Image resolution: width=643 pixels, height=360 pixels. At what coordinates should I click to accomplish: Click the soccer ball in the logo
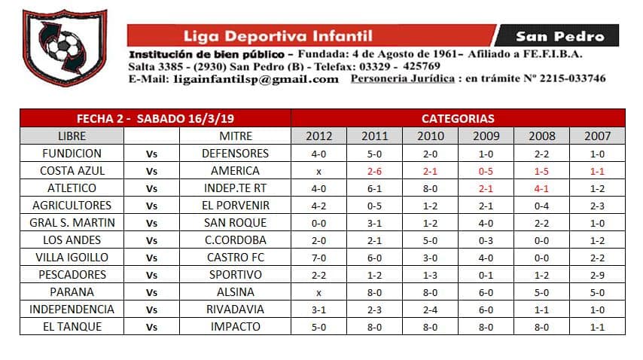click(x=59, y=47)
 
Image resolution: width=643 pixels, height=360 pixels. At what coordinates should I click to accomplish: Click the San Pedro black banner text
click(x=559, y=35)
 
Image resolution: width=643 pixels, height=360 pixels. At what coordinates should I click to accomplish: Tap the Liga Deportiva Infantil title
click(x=278, y=35)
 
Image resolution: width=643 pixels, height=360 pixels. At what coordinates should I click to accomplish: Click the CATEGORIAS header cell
click(x=458, y=118)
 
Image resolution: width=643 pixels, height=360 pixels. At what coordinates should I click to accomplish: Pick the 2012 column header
click(x=318, y=136)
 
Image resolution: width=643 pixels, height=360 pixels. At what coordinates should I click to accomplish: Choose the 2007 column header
click(x=597, y=136)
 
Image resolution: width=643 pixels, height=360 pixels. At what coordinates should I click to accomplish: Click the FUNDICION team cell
click(x=72, y=153)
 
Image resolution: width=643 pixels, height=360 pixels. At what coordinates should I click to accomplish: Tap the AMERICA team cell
click(x=235, y=170)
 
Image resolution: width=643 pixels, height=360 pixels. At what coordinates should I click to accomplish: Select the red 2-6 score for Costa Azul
click(x=374, y=170)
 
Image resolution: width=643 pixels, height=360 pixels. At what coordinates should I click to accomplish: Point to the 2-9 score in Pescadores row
click(x=597, y=274)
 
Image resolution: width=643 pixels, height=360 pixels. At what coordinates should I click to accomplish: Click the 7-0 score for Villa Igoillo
click(x=318, y=257)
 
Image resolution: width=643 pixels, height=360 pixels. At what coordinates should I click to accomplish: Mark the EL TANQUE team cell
click(x=72, y=326)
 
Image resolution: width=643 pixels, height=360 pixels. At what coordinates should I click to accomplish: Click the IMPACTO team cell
click(x=235, y=326)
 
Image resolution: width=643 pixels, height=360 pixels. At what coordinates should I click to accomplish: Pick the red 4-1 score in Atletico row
click(x=541, y=188)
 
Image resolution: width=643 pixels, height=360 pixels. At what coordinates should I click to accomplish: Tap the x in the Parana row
click(x=318, y=291)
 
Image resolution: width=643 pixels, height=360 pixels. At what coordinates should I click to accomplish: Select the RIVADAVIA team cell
click(x=235, y=309)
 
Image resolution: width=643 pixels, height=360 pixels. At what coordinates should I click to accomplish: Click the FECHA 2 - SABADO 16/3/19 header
click(x=155, y=118)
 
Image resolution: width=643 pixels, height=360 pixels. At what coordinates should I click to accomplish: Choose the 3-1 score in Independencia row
click(x=318, y=309)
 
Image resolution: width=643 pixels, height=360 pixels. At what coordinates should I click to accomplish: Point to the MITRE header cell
click(x=235, y=136)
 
